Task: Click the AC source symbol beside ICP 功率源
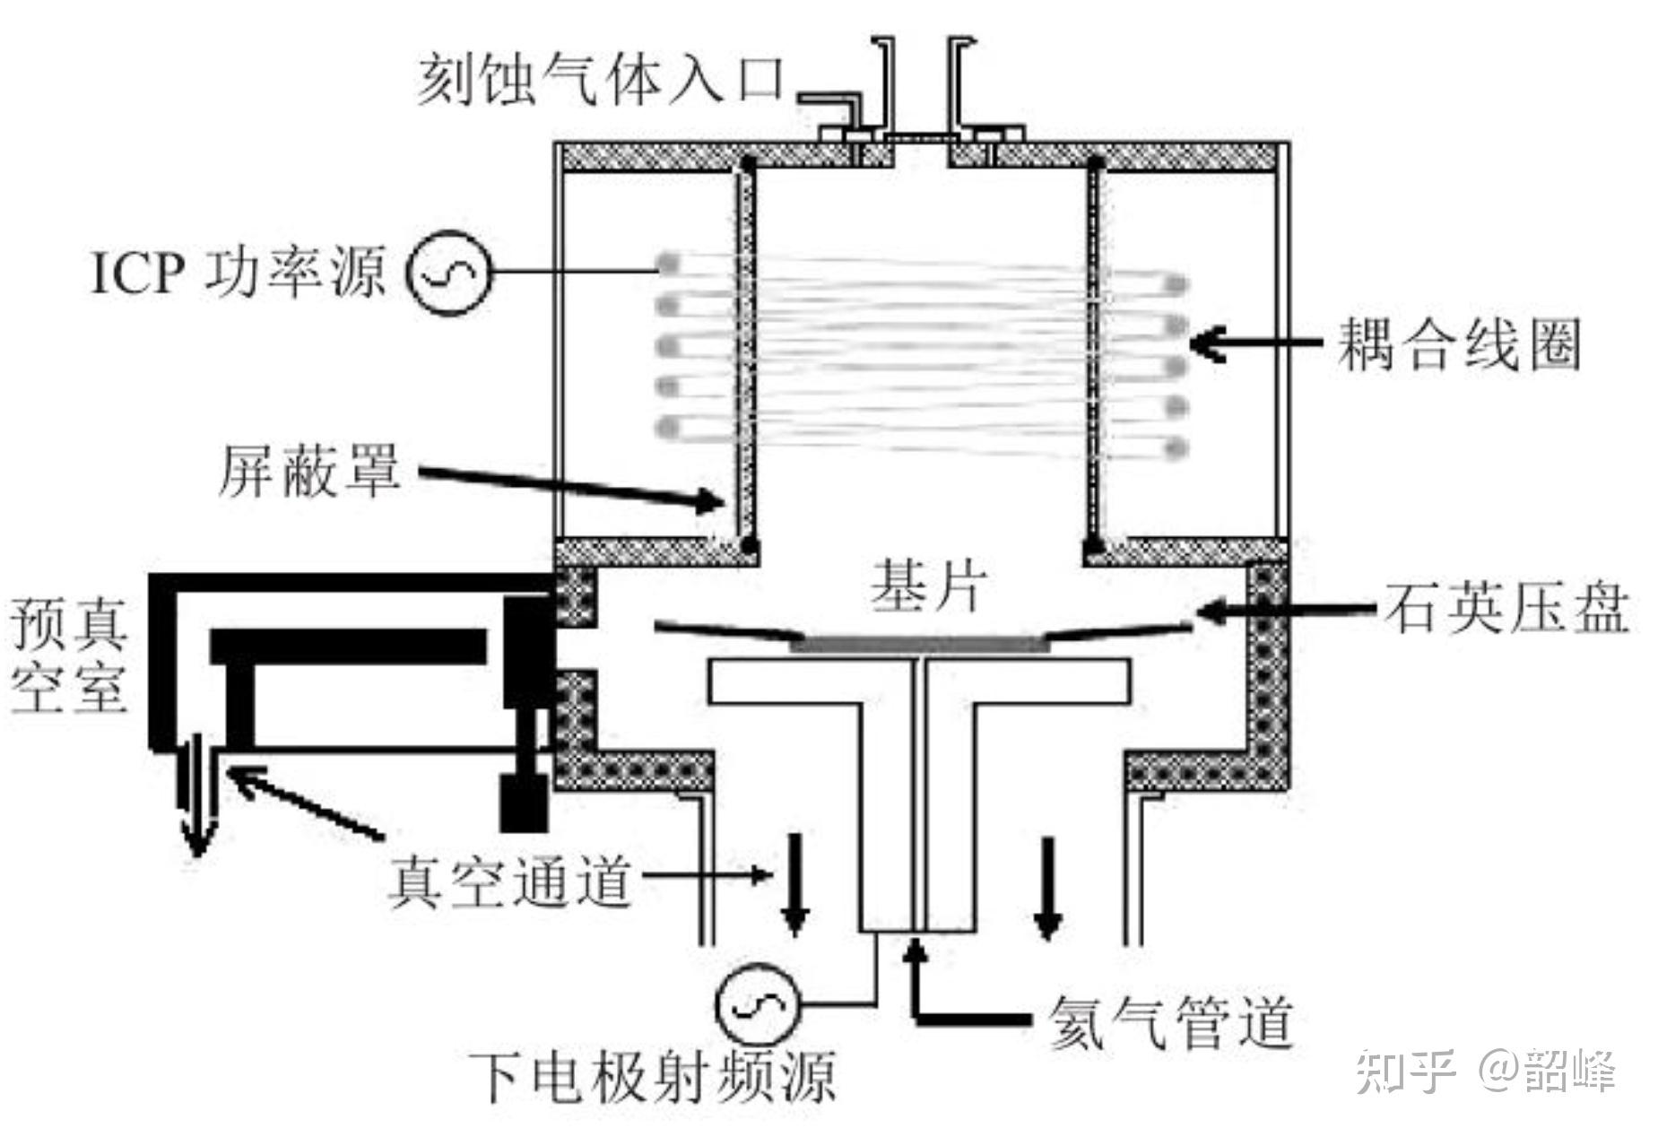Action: point(450,273)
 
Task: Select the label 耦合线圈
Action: point(1458,343)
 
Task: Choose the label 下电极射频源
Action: point(653,1075)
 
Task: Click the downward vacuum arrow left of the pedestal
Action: point(794,885)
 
